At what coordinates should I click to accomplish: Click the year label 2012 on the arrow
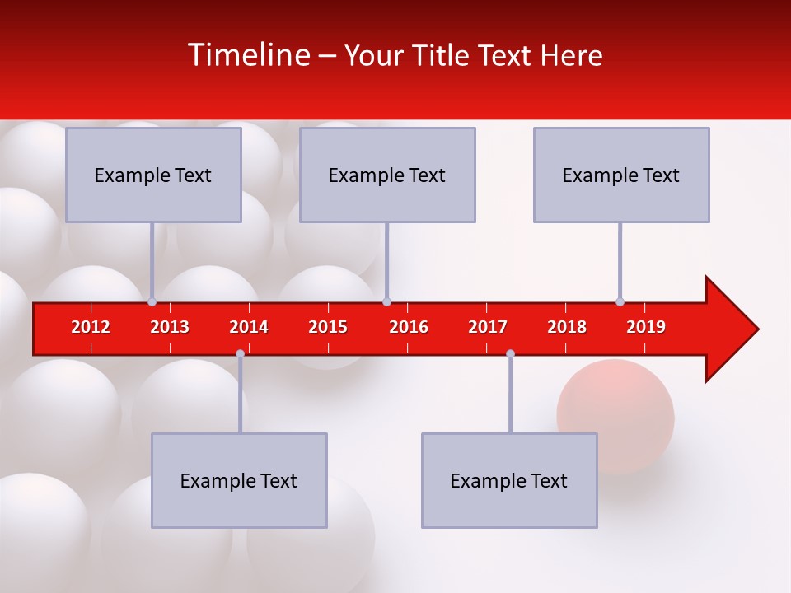click(x=91, y=327)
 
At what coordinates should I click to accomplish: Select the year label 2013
click(x=170, y=327)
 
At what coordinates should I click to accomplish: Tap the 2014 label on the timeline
click(x=249, y=327)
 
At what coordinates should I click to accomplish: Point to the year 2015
click(x=328, y=327)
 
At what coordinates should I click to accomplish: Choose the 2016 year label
click(x=409, y=327)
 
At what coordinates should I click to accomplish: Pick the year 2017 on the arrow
click(x=488, y=327)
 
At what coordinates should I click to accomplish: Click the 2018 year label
click(x=567, y=327)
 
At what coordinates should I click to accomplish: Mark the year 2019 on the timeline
click(x=646, y=327)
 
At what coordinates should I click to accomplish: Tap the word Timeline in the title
click(x=247, y=55)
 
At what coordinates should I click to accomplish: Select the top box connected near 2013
click(x=153, y=175)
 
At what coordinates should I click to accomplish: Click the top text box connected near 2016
click(x=387, y=175)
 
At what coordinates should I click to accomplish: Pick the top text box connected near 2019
click(x=621, y=175)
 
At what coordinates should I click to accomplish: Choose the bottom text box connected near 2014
click(x=239, y=480)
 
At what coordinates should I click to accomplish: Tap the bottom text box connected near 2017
click(x=509, y=480)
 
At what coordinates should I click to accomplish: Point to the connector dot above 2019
click(x=620, y=301)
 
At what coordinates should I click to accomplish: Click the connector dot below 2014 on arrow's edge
click(x=240, y=353)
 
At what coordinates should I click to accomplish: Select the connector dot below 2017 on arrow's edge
click(x=510, y=353)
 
